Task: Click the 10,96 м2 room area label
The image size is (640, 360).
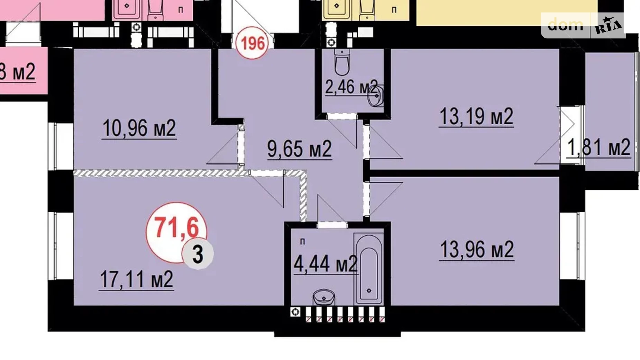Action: click(x=139, y=128)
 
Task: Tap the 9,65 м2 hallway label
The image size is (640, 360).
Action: click(x=300, y=149)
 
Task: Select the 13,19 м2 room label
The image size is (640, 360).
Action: click(x=476, y=117)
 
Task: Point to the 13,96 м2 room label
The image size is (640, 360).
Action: click(x=477, y=250)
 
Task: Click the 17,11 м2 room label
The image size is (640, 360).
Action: click(x=136, y=279)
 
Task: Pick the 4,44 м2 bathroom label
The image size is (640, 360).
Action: click(x=325, y=264)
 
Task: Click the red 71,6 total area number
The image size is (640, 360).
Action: click(x=176, y=227)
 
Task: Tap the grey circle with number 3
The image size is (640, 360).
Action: click(x=198, y=254)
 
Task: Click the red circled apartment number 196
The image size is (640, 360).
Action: click(x=253, y=44)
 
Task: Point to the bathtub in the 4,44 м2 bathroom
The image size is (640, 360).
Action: click(x=368, y=268)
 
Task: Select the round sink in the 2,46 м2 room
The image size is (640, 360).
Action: click(x=375, y=96)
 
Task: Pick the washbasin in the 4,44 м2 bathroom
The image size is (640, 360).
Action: click(x=324, y=298)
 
